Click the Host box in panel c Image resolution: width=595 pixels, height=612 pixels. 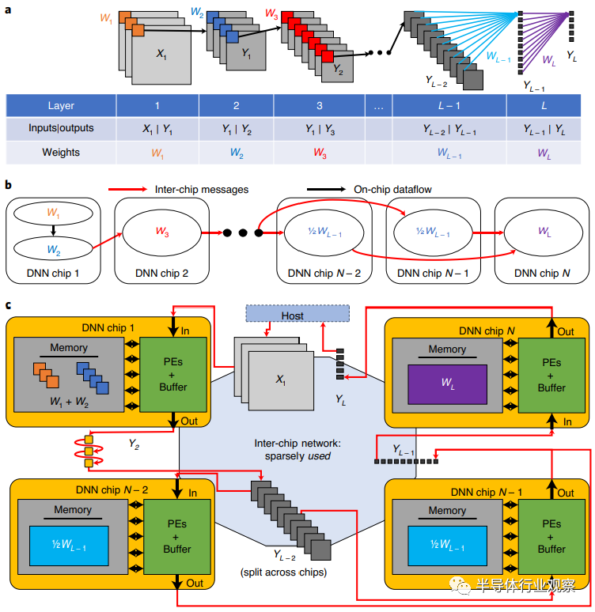[297, 313]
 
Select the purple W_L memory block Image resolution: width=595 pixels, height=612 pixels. [447, 384]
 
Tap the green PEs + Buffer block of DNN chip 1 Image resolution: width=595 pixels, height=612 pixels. [173, 374]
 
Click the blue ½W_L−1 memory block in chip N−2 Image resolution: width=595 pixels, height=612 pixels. [69, 546]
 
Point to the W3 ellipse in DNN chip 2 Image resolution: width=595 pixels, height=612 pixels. [161, 233]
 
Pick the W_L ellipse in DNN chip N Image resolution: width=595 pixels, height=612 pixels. [544, 232]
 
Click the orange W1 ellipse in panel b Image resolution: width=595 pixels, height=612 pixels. [54, 213]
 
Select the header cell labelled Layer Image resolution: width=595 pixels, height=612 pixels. [61, 106]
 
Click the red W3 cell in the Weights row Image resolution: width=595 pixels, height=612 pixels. [320, 153]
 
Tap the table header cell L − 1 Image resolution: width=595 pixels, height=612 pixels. [449, 106]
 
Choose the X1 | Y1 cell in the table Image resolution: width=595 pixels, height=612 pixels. [157, 129]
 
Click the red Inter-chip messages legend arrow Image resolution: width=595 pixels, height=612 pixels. [127, 189]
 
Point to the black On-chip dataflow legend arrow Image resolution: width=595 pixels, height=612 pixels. [326, 189]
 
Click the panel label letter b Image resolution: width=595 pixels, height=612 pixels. [8, 184]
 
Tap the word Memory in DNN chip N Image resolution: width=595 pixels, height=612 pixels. [447, 349]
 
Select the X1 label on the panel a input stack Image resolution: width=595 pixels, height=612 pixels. [161, 54]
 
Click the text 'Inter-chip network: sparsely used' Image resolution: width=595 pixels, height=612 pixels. [297, 450]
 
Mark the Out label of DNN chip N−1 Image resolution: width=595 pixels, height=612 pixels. [565, 493]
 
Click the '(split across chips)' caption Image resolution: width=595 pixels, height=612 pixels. [283, 572]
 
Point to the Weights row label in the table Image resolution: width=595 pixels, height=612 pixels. [61, 153]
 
